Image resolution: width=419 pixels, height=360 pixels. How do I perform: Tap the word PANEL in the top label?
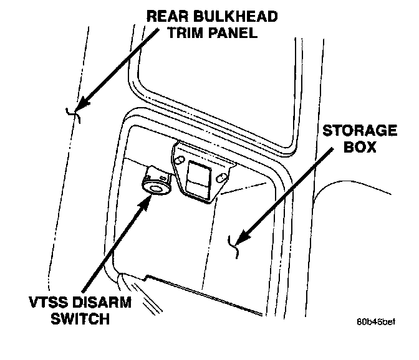click(234, 33)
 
